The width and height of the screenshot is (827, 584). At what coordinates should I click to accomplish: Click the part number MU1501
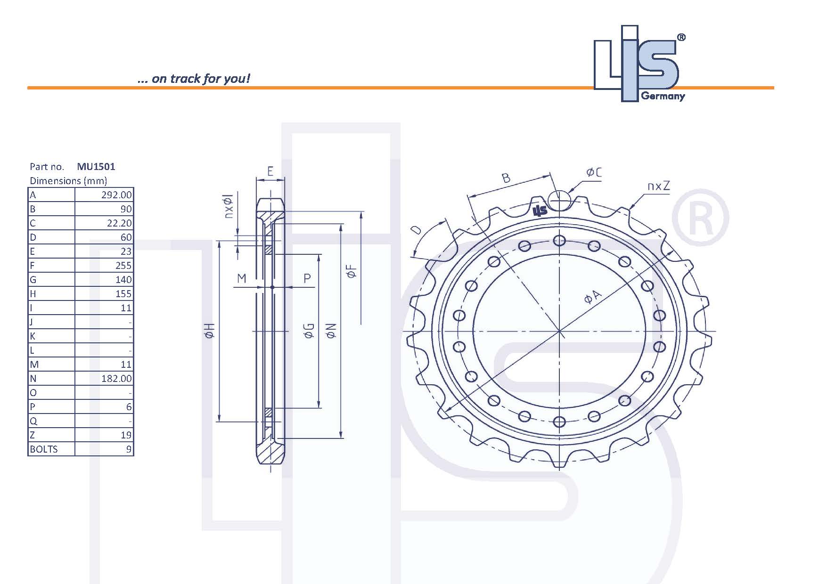pyautogui.click(x=96, y=166)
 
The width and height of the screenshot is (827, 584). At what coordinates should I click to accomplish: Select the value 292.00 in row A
pyautogui.click(x=116, y=195)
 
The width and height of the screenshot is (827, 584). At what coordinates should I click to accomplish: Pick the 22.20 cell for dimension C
pyautogui.click(x=119, y=223)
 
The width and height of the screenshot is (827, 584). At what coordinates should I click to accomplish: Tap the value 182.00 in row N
pyautogui.click(x=116, y=379)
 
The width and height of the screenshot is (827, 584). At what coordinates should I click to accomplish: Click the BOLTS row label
pyautogui.click(x=44, y=449)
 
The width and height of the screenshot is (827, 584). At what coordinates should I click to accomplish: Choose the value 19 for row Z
pyautogui.click(x=126, y=435)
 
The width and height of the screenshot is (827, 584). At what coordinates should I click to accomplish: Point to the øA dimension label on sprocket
pyautogui.click(x=592, y=297)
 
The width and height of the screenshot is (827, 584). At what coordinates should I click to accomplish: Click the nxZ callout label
pyautogui.click(x=658, y=186)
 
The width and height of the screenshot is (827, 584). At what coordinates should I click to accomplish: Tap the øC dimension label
pyautogui.click(x=594, y=172)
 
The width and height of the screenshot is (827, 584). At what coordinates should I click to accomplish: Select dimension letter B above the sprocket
pyautogui.click(x=506, y=178)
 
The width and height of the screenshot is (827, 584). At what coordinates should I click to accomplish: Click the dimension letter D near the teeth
pyautogui.click(x=416, y=230)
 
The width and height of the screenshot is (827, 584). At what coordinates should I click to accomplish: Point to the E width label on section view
pyautogui.click(x=270, y=171)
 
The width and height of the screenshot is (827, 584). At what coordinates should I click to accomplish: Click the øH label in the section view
pyautogui.click(x=210, y=331)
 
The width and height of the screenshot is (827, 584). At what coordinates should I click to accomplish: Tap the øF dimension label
pyautogui.click(x=352, y=271)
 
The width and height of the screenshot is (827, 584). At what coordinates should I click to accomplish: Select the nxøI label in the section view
pyautogui.click(x=229, y=206)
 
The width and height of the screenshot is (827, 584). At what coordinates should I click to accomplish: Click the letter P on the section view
pyautogui.click(x=307, y=278)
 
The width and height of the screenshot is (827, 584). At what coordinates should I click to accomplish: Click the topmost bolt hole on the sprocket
pyautogui.click(x=559, y=241)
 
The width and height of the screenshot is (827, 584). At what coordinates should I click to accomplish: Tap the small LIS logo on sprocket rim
pyautogui.click(x=540, y=211)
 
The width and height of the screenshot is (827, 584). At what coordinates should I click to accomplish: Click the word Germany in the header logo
pyautogui.click(x=663, y=97)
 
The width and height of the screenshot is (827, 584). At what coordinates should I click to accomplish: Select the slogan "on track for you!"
pyautogui.click(x=194, y=79)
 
